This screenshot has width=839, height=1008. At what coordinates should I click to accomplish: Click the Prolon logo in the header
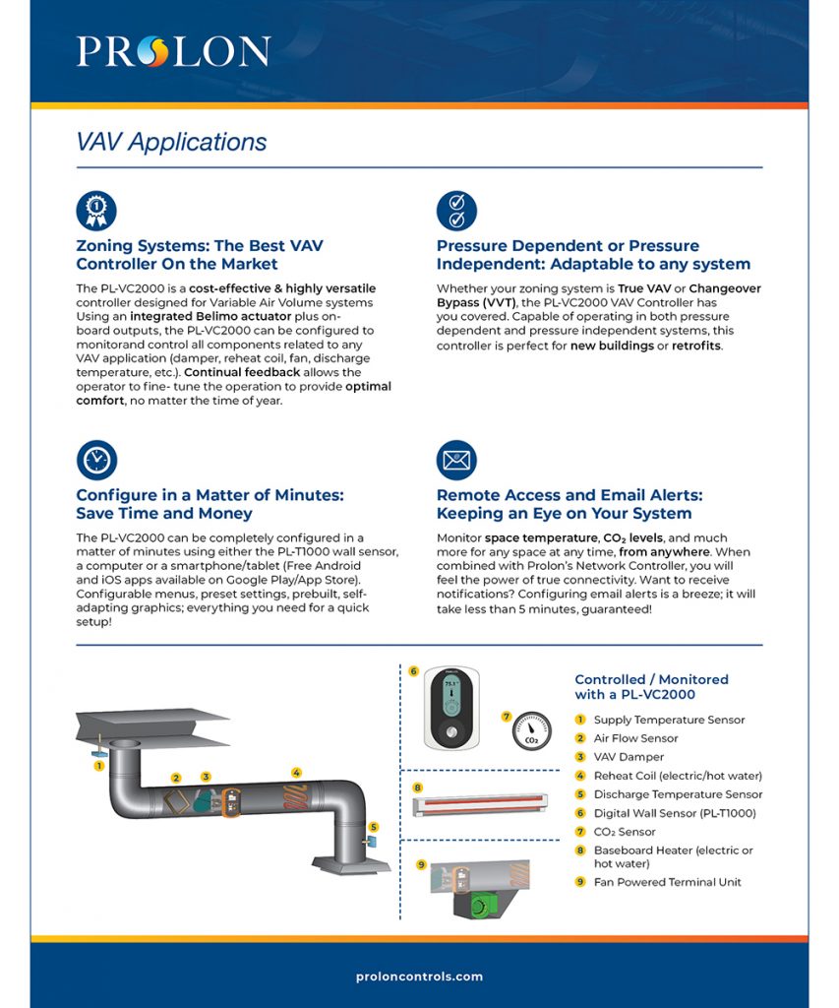[x=173, y=51]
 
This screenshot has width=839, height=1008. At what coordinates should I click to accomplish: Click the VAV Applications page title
[x=171, y=142]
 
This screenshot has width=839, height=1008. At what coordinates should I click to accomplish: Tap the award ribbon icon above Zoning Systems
[x=96, y=211]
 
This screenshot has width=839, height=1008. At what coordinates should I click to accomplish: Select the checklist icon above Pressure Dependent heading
[x=456, y=211]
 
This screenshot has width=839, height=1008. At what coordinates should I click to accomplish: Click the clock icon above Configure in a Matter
[x=96, y=460]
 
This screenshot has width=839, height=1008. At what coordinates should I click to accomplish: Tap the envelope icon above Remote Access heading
[x=456, y=460]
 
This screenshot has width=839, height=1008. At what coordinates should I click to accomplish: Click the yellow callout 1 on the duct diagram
[x=98, y=764]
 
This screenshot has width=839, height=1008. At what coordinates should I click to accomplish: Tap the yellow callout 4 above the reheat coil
[x=296, y=773]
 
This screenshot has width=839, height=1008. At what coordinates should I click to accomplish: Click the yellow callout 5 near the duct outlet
[x=374, y=827]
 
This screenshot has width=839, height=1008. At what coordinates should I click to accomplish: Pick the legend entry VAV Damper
[x=628, y=757]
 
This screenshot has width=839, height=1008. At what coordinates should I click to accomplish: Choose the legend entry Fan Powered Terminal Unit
[x=667, y=882]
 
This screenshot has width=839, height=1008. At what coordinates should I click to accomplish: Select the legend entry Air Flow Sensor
[x=635, y=738]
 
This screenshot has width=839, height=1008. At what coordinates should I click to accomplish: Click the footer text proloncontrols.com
[x=419, y=976]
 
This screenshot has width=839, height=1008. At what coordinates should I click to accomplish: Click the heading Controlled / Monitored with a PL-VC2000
[x=651, y=687]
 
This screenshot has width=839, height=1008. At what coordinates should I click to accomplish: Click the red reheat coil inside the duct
[x=294, y=796]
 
